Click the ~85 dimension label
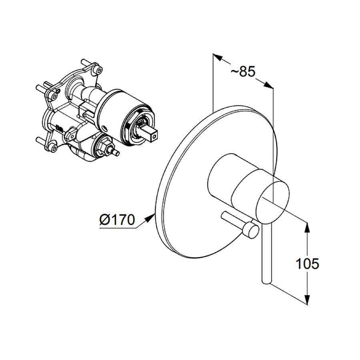243,72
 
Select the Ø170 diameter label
117,220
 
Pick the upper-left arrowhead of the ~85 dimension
218,57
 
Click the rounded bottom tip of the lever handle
266,282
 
